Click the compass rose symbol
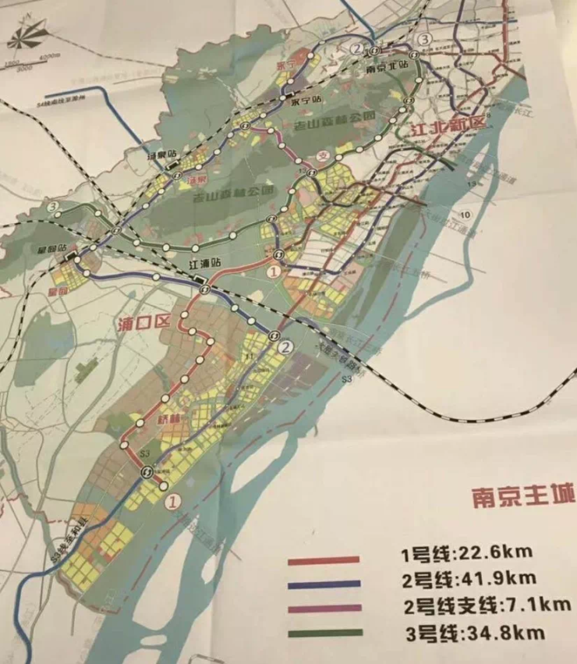[29, 34]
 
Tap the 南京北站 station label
[386, 66]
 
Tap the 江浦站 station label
[206, 264]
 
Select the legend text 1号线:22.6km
[466, 552]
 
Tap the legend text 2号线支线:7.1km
[487, 605]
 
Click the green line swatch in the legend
[323, 634]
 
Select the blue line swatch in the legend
[323, 583]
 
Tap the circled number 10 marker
[465, 215]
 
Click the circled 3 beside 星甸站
[54, 208]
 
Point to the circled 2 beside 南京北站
[356, 48]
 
